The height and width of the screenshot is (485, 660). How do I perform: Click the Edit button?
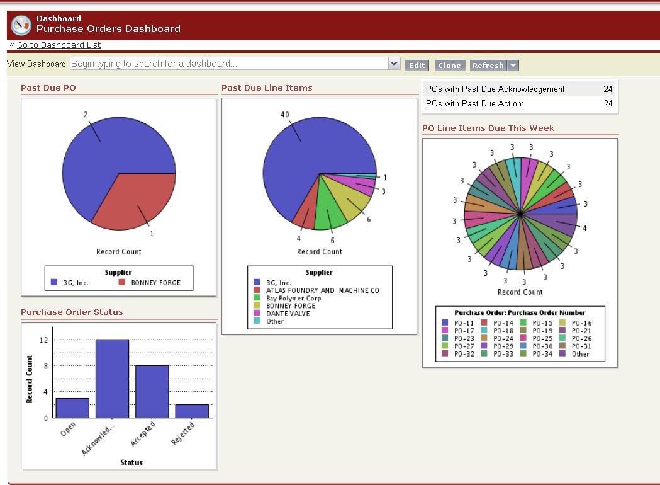coord(416,66)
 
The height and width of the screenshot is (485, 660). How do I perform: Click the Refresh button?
coord(488,66)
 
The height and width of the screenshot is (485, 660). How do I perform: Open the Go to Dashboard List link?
coord(59,45)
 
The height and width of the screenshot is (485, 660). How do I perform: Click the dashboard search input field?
coord(230,64)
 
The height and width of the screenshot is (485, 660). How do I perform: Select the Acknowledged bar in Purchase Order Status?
coord(112,379)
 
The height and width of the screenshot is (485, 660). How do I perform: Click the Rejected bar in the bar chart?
coord(192,411)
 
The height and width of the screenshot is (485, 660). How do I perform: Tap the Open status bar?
coord(72,408)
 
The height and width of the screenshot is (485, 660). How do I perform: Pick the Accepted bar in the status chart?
coord(152,392)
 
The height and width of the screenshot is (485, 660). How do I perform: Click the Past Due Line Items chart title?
coord(267,88)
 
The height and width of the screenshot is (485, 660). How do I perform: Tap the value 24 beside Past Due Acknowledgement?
coord(608,89)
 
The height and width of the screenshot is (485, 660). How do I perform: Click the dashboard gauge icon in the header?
coord(21,24)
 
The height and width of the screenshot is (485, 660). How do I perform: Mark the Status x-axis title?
coord(131,462)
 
